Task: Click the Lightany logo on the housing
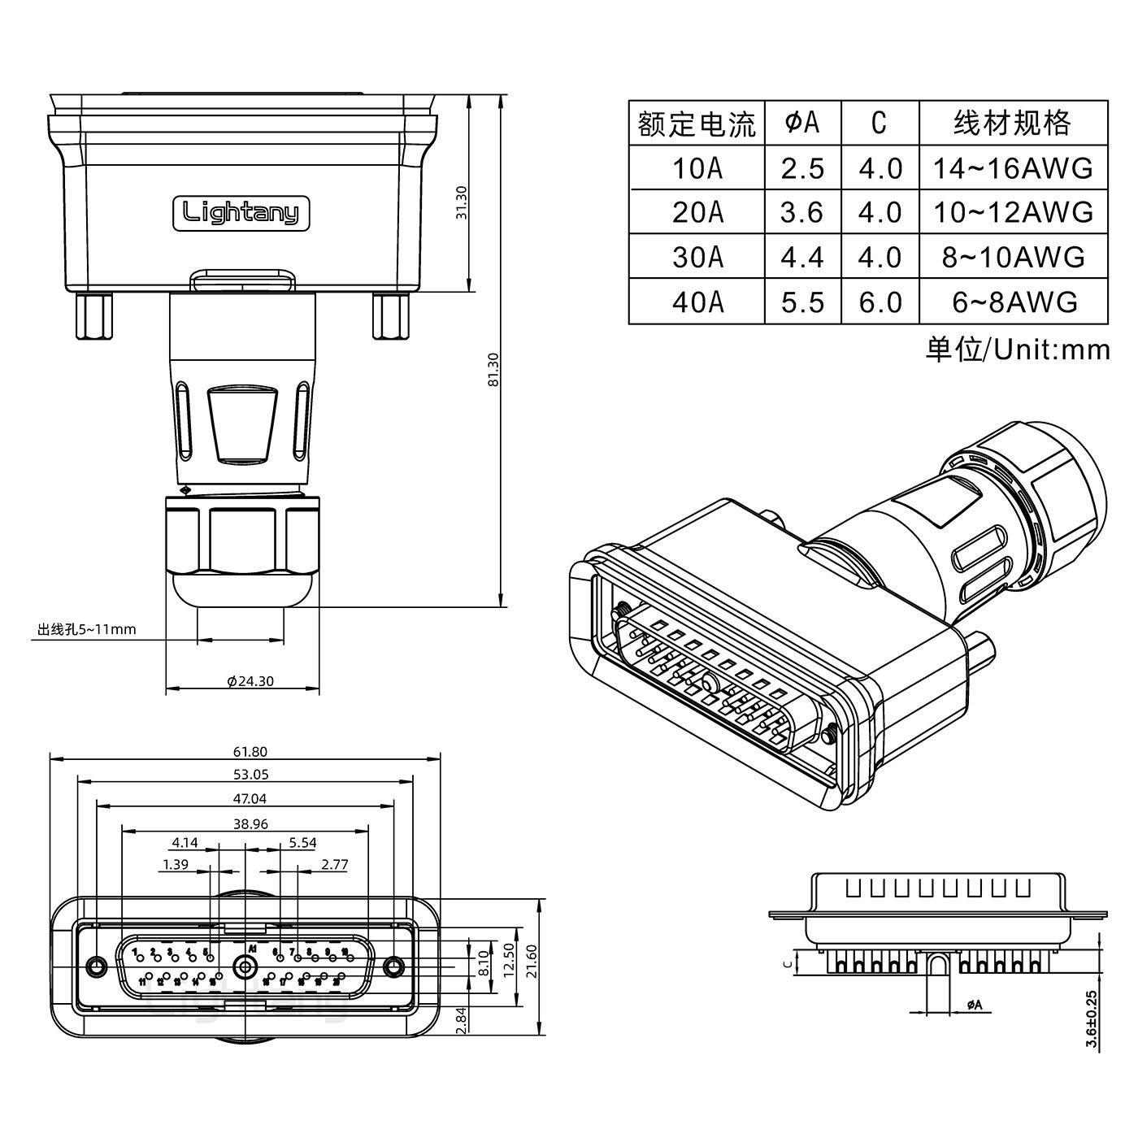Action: pos(241,213)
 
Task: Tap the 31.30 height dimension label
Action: pos(462,202)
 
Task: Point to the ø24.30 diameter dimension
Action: pos(250,681)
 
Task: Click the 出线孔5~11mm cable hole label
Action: pos(86,629)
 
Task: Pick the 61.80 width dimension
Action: pos(250,752)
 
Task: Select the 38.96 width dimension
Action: pos(250,823)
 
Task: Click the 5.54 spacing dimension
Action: pos(302,843)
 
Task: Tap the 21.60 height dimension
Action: pos(532,961)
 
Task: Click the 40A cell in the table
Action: pos(697,302)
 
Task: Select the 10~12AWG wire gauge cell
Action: pos(1013,213)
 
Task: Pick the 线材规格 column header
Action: pos(1013,124)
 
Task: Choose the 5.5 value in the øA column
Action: pos(802,302)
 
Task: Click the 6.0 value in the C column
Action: pos(880,302)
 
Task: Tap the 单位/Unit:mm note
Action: pos(1017,350)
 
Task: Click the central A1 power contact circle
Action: pos(244,967)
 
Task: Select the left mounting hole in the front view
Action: pos(97,966)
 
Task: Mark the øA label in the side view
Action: pos(974,1006)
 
